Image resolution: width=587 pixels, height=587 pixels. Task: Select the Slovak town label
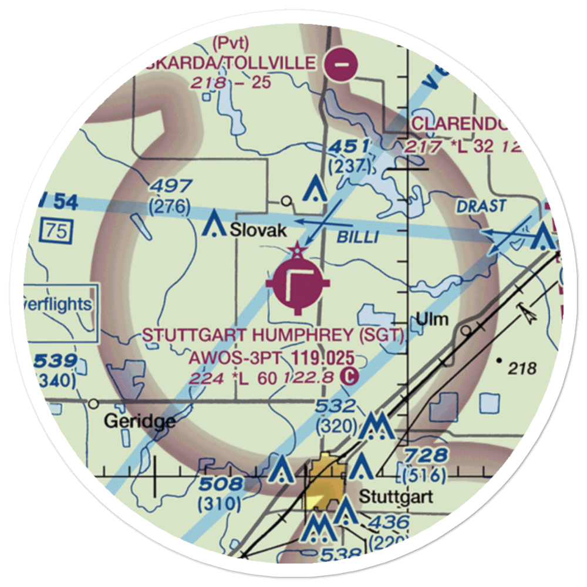[x=258, y=231]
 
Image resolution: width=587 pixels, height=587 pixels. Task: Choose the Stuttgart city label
[x=396, y=497]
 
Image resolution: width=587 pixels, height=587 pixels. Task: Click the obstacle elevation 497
[x=170, y=187]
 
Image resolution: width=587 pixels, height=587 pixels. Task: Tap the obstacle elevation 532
[x=335, y=406]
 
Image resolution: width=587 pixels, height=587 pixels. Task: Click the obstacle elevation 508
[x=220, y=485]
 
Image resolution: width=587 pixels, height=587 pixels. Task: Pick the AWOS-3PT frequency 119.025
[x=322, y=357]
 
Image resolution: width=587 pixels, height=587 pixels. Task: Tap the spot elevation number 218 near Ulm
[x=523, y=369]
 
